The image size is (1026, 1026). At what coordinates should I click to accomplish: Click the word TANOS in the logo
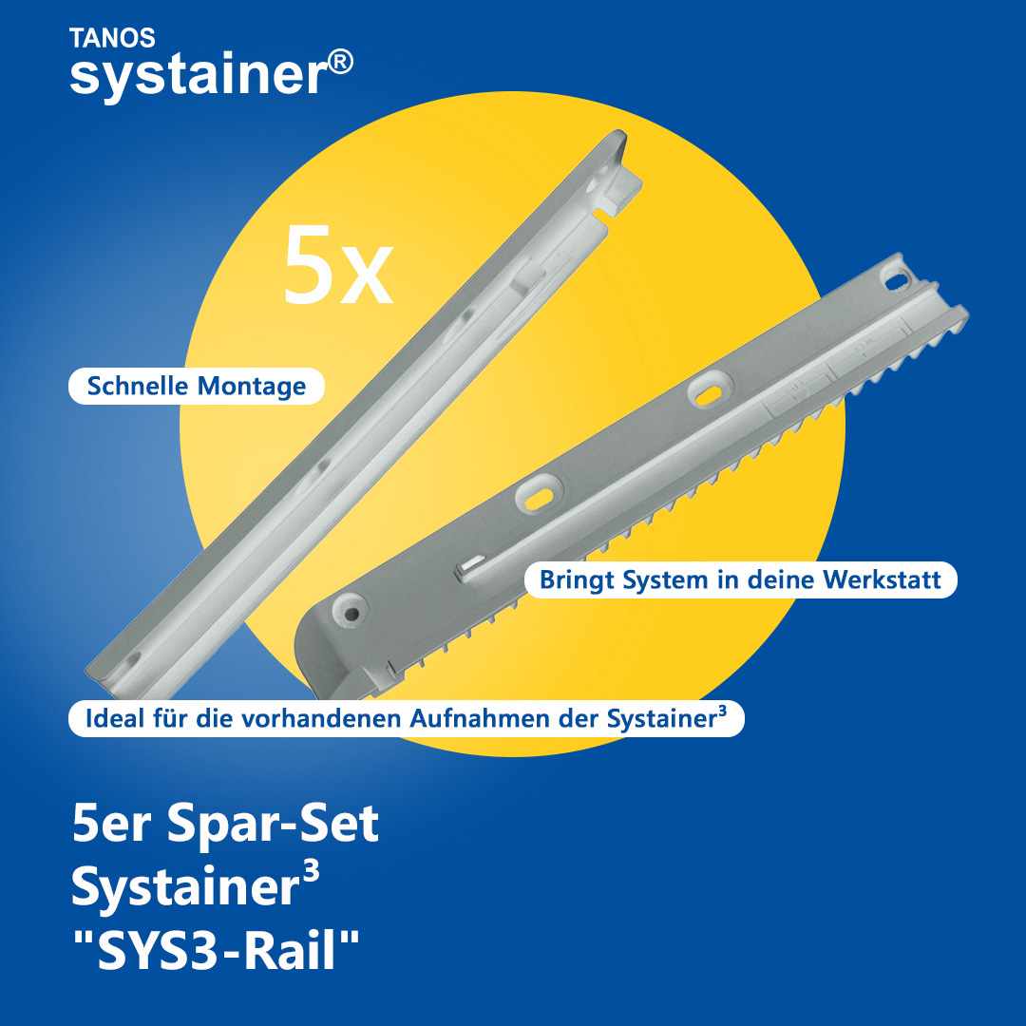click(112, 38)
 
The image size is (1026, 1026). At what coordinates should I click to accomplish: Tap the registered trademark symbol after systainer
click(340, 63)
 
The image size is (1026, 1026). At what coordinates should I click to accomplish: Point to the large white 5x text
click(338, 264)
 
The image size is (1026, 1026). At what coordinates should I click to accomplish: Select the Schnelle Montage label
click(197, 386)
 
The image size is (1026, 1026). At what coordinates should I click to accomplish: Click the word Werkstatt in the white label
click(882, 579)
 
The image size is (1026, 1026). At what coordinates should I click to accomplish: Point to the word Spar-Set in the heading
click(273, 823)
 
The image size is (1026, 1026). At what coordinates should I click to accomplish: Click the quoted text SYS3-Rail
click(217, 949)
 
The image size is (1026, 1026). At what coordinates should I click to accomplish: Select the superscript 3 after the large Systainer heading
click(312, 871)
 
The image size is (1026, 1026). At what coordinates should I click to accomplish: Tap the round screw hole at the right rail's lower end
click(351, 613)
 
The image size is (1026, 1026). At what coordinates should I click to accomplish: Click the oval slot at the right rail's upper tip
click(898, 279)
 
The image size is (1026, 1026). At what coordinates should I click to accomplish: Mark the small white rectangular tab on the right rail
click(470, 566)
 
